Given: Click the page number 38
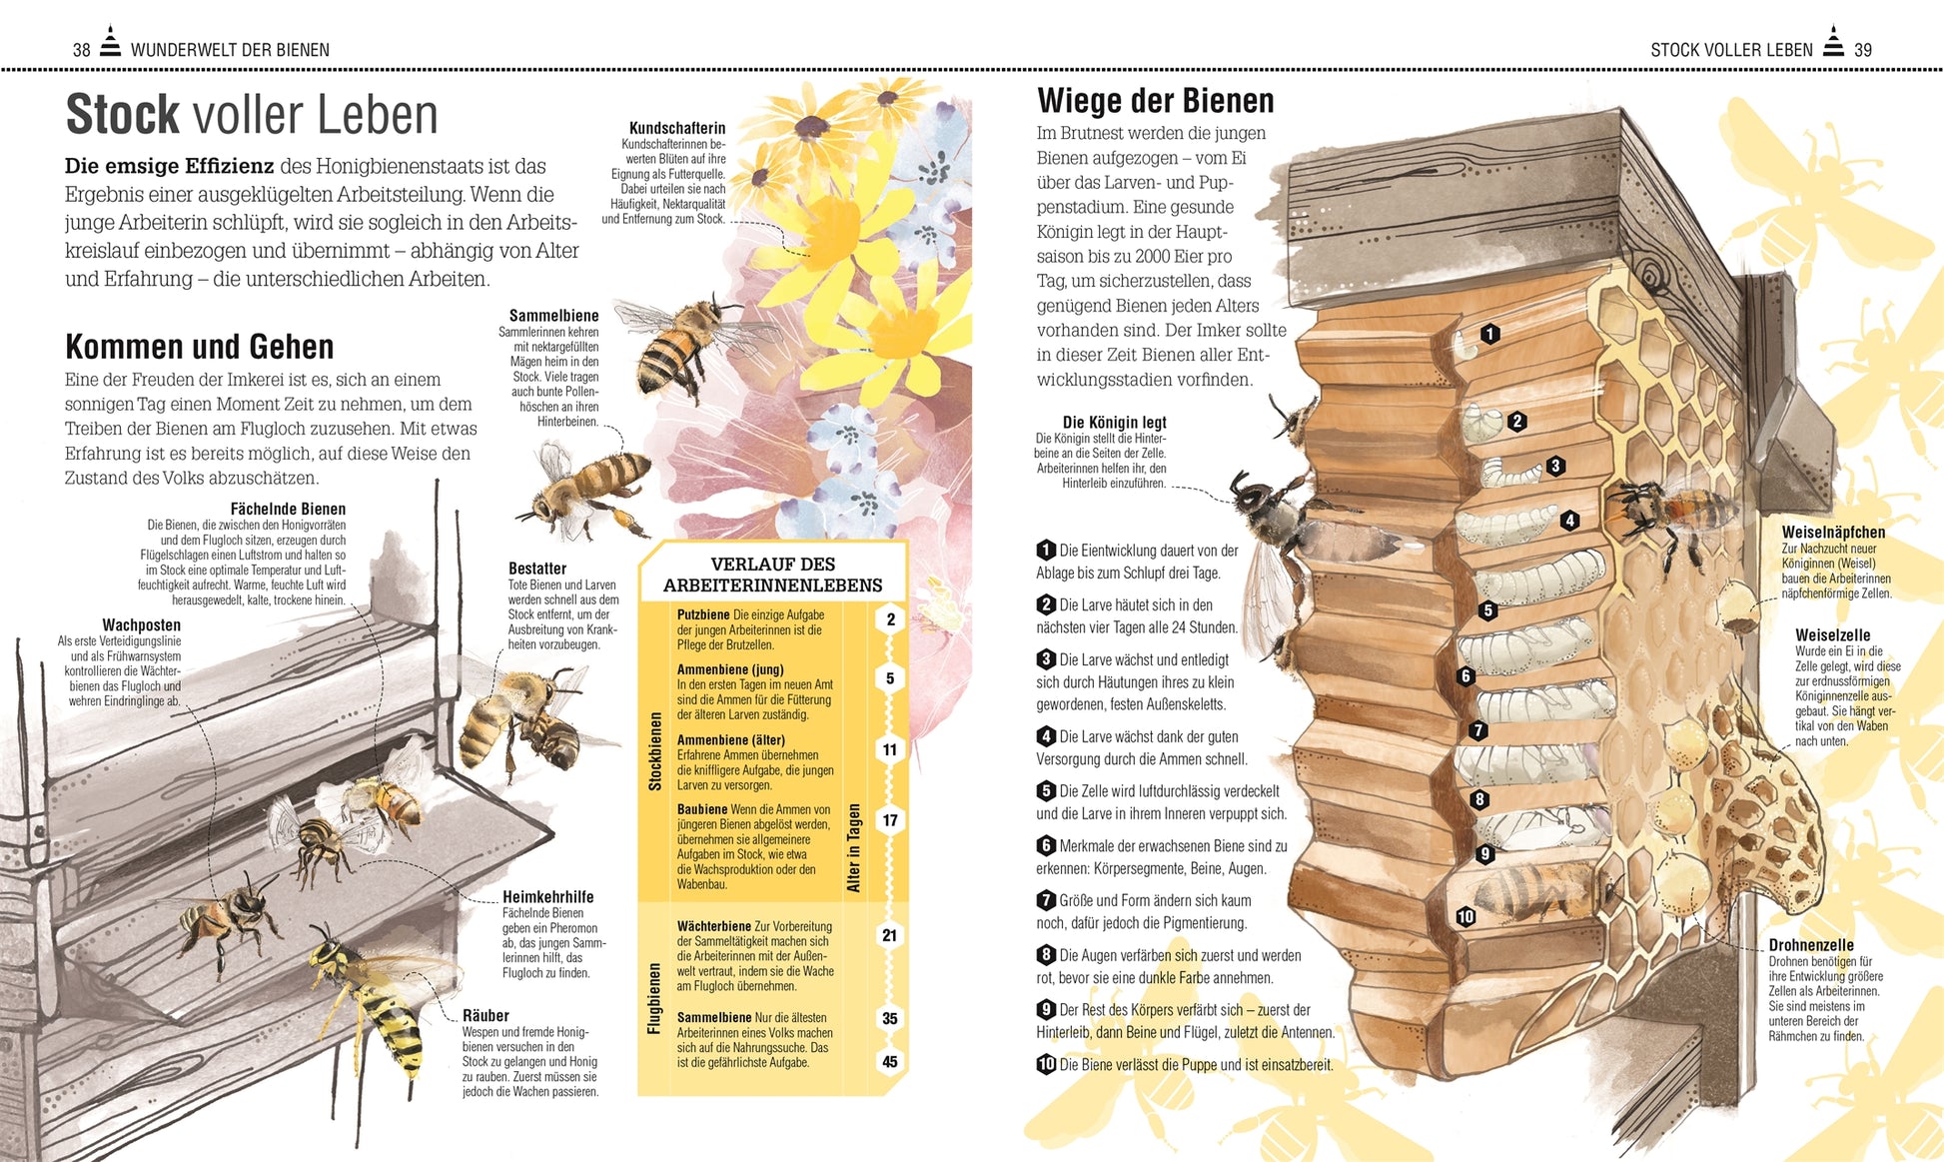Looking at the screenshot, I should (x=81, y=50).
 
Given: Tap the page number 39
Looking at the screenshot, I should (x=1862, y=50).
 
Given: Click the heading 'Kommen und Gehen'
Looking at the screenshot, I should (x=200, y=347).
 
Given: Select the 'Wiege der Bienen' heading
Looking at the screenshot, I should (x=1155, y=101).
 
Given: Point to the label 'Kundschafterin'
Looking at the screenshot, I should (x=677, y=128).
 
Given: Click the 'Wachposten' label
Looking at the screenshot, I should (x=141, y=625).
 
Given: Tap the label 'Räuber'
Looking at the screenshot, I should (x=486, y=1015).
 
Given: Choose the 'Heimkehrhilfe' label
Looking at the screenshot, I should (x=548, y=897).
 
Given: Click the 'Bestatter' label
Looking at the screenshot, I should (x=537, y=569).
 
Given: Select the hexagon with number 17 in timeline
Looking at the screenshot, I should (x=890, y=820).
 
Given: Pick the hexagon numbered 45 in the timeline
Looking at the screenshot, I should (x=890, y=1062).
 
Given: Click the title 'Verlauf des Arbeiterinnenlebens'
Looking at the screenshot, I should (x=772, y=575).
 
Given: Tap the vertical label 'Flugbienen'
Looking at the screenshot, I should (x=654, y=998).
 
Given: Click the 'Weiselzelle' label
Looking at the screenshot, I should (x=1832, y=635).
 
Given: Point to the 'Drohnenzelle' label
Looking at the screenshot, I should (x=1811, y=945).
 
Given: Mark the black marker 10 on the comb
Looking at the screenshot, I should (x=1465, y=917).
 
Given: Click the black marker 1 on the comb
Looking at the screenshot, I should (x=1490, y=334).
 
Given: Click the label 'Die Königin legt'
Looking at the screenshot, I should (x=1114, y=423).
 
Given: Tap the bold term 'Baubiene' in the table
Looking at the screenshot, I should (x=702, y=809).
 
